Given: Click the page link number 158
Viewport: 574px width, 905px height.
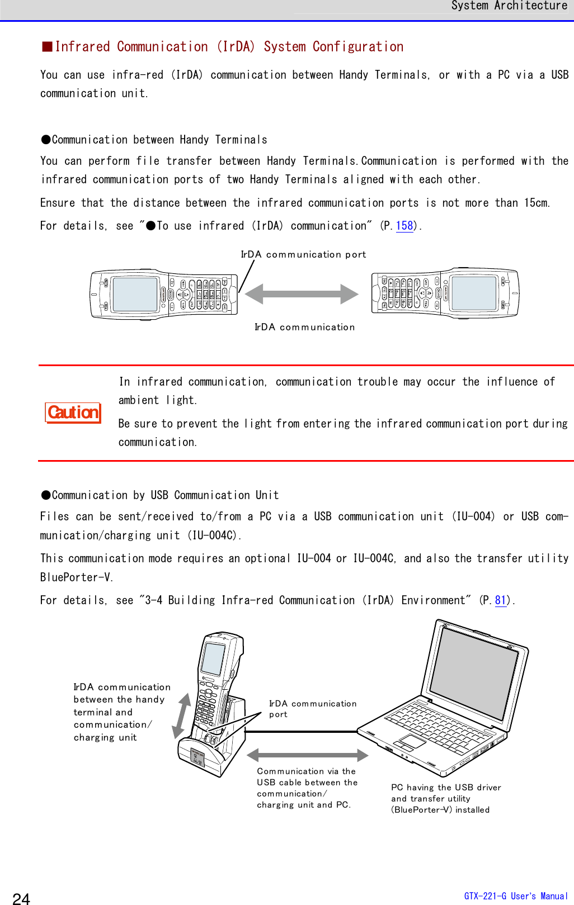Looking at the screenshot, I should tap(404, 226).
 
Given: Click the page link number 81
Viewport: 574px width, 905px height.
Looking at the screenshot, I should tap(500, 600).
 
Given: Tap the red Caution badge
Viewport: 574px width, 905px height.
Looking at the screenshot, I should tap(73, 413).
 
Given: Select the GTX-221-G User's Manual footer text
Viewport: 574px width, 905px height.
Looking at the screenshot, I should tap(515, 896).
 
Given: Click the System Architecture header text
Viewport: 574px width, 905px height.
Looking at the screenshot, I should tap(509, 6).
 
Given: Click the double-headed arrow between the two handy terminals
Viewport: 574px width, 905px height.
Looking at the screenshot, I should tap(302, 293).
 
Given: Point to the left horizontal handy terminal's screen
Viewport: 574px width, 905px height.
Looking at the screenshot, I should tap(134, 294).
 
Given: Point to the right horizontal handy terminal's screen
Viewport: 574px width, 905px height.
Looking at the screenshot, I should tap(474, 293).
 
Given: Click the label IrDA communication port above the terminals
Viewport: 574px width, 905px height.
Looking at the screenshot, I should tap(303, 254).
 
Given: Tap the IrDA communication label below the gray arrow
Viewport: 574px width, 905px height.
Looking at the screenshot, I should tap(304, 327).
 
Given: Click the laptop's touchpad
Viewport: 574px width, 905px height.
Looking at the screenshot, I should tap(412, 742).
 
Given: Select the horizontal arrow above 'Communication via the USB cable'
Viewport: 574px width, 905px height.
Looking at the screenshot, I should tap(307, 755).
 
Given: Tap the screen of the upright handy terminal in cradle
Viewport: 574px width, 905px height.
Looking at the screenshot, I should tap(213, 658).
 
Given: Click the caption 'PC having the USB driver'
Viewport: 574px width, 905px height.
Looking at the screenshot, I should tap(446, 787).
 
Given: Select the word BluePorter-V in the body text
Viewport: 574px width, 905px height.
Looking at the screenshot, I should tap(76, 577).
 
